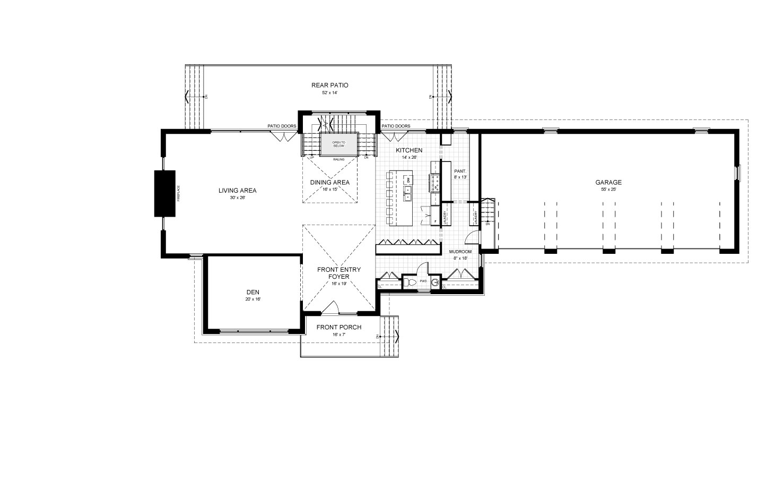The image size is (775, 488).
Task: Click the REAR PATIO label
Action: click(329, 85)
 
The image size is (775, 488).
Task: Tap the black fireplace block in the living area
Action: click(164, 193)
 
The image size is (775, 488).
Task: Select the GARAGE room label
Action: click(608, 182)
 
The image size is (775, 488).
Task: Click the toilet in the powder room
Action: click(410, 281)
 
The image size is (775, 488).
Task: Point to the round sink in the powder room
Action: click(436, 282)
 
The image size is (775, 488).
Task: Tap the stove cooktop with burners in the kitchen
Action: click(435, 183)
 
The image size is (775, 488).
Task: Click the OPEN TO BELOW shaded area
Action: click(338, 144)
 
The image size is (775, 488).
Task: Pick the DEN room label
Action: click(252, 292)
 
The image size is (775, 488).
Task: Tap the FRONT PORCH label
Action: click(338, 327)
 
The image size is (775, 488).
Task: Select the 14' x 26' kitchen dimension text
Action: click(409, 158)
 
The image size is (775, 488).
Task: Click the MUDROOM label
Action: click(460, 252)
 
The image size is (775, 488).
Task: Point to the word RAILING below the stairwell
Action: click(339, 159)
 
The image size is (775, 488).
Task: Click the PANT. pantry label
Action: click(459, 171)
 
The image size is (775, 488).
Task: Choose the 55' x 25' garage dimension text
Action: click(608, 190)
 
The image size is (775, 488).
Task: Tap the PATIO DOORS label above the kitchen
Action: click(396, 126)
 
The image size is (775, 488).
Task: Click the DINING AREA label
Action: click(329, 182)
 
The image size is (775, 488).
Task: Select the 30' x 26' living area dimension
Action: click(237, 198)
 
